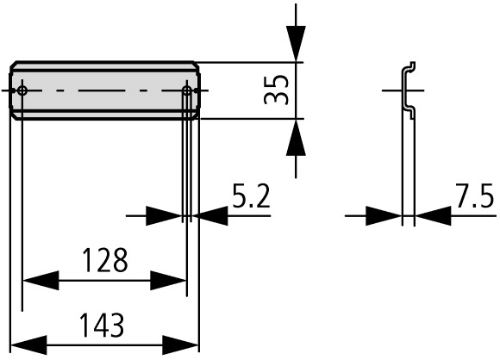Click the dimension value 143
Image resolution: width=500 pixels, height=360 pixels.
pyautogui.click(x=102, y=325)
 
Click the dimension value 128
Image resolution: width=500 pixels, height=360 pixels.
pyautogui.click(x=105, y=260)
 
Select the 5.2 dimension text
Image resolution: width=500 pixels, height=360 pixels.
pyautogui.click(x=251, y=196)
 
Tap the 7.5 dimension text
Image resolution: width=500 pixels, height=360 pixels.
pyautogui.click(x=475, y=196)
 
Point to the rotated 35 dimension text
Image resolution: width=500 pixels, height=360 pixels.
pyautogui.click(x=277, y=90)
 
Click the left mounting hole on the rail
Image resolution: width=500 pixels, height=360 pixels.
pyautogui.click(x=22, y=90)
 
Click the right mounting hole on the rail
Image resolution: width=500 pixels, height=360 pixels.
pyautogui.click(x=187, y=91)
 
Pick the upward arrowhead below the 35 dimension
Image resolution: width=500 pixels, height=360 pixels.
pyautogui.click(x=296, y=137)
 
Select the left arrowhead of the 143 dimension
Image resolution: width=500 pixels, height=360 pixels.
pyautogui.click(x=28, y=345)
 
